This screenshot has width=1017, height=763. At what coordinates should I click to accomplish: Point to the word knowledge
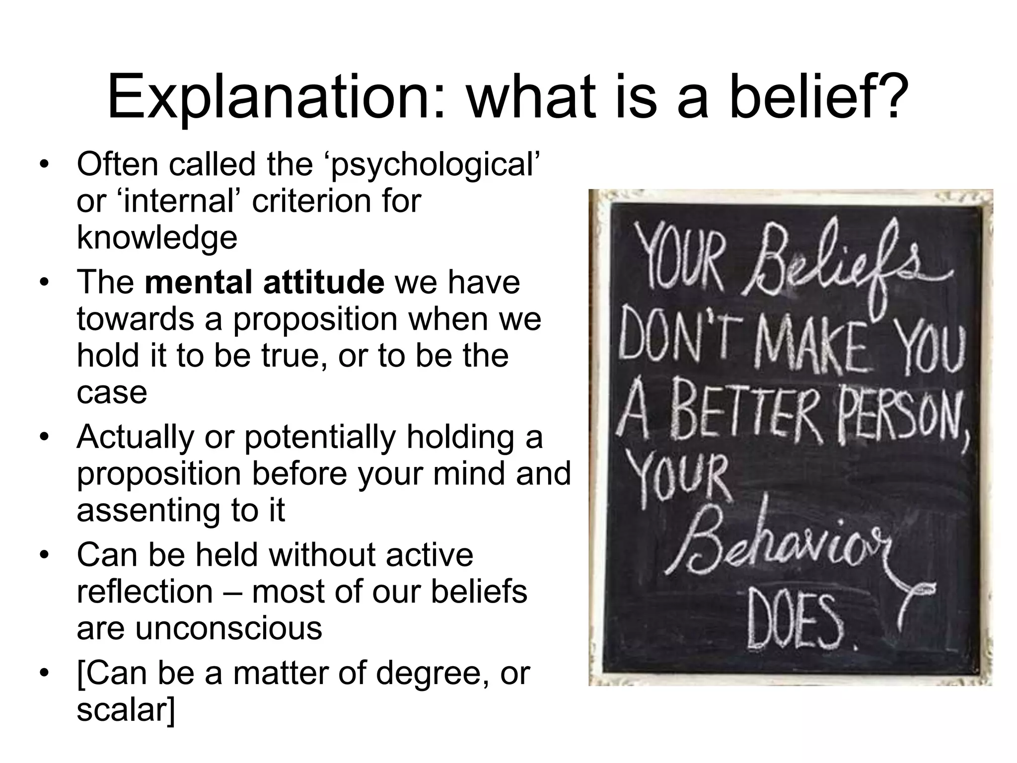(x=157, y=238)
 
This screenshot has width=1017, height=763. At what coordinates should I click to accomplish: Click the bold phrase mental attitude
(x=264, y=282)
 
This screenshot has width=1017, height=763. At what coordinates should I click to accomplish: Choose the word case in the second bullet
(x=112, y=392)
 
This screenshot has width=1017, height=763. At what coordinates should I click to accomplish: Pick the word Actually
(x=136, y=437)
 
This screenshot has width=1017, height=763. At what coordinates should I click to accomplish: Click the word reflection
(x=145, y=592)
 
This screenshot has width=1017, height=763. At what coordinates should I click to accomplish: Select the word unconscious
(x=228, y=628)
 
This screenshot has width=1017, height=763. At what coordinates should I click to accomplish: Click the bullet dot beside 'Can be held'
(x=44, y=555)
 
